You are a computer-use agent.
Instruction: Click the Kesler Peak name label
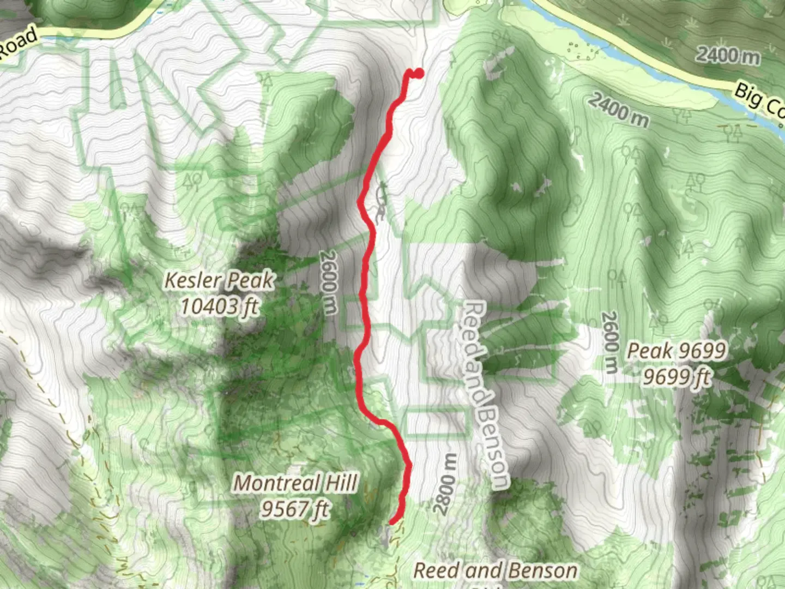point(219,280)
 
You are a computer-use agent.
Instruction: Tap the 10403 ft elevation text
point(219,306)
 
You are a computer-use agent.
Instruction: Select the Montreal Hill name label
point(295,483)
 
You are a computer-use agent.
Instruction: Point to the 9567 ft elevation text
point(295,509)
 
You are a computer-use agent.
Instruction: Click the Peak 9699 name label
point(677,351)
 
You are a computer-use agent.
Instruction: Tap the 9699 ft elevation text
point(677,377)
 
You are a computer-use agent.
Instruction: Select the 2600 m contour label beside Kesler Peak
point(329,282)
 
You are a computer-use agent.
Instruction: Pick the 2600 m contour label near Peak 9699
point(610,342)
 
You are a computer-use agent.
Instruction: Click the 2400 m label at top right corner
point(727,55)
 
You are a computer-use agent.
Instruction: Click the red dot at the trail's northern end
point(418,73)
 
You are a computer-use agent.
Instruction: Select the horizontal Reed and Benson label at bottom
point(495,570)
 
